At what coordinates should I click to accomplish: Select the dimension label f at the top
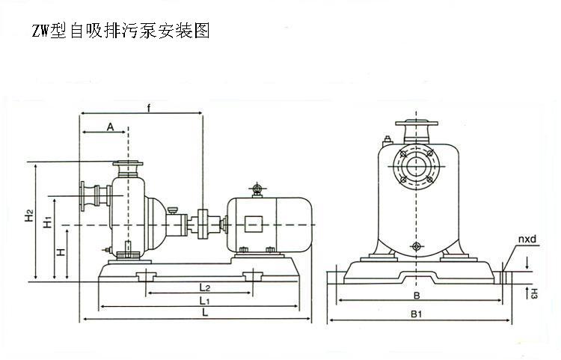tap(150, 110)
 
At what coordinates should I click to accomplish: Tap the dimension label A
tap(110, 126)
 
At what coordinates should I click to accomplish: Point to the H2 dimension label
tap(28, 216)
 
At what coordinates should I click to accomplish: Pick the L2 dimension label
tap(204, 287)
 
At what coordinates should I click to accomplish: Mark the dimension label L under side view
tap(204, 314)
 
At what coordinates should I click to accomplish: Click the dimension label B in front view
tap(417, 295)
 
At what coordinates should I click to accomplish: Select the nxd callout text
tap(527, 240)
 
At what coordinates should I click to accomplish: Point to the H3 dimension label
tap(534, 293)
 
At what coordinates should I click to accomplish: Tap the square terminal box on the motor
tap(254, 223)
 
